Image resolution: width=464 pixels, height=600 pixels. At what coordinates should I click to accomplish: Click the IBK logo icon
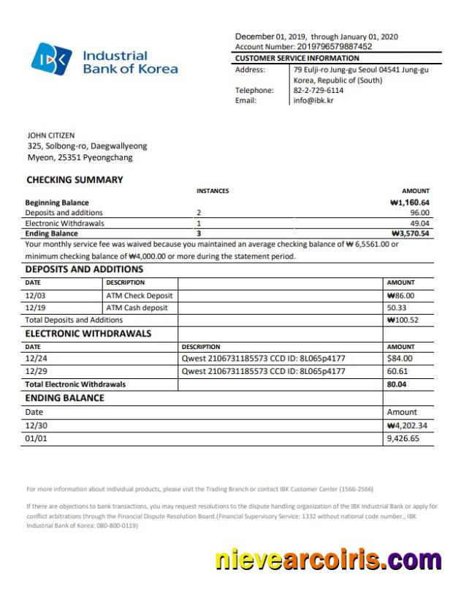pos(52,59)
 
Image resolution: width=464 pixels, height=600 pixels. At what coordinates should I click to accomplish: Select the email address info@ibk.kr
pos(313,101)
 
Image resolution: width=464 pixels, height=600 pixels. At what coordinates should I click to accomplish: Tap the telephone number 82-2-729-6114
pos(319,91)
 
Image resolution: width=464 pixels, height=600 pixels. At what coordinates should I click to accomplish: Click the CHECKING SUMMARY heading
pos(75,180)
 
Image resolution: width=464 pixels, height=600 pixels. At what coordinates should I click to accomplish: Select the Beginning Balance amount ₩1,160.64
pos(410,203)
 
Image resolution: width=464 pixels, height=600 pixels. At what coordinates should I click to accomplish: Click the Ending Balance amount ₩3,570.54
pos(410,234)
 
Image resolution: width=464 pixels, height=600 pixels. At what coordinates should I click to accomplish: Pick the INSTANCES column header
pos(213,191)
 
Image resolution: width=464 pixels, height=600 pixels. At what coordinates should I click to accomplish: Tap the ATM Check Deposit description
pos(140,296)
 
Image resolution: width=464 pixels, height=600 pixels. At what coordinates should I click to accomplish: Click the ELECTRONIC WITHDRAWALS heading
pos(88,334)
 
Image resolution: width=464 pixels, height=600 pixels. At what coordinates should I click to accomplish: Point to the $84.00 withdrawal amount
pos(400,359)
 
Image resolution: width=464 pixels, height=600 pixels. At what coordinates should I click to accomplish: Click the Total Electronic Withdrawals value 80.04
pos(397,384)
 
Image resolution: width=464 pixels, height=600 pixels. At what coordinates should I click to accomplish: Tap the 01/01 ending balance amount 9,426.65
pos(403,439)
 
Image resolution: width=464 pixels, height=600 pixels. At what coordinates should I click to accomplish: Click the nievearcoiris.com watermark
pos(328,560)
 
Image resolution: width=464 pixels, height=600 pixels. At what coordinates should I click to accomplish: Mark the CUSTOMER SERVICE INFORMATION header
pos(297,59)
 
